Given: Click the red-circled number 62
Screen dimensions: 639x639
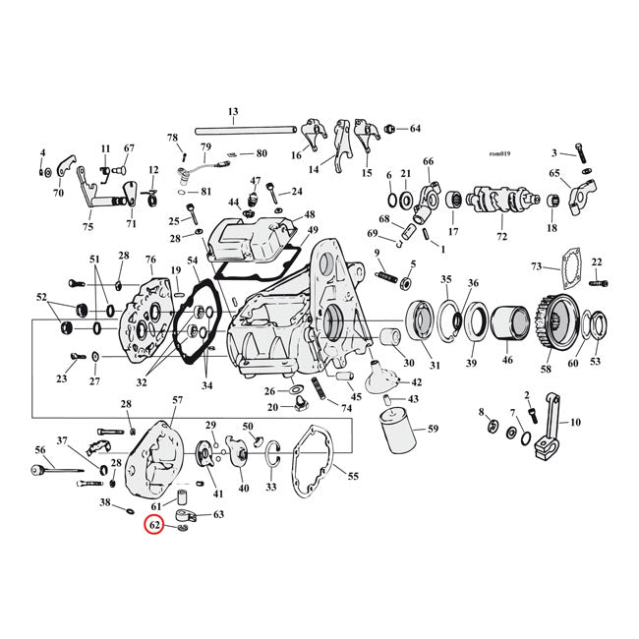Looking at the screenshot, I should pyautogui.click(x=153, y=525).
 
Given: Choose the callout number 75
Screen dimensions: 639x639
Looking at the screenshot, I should pyautogui.click(x=88, y=227).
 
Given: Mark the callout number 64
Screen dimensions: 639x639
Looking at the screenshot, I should pyautogui.click(x=415, y=129).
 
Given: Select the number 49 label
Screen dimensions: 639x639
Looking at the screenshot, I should pyautogui.click(x=313, y=231).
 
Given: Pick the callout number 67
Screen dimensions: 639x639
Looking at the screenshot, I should pyautogui.click(x=129, y=148).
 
